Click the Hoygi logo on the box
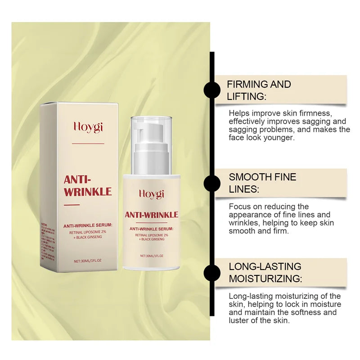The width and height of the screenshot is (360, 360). click(x=88, y=127)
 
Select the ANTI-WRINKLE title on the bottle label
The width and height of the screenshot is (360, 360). click(x=151, y=215)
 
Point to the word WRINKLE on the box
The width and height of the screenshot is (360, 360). click(x=88, y=192)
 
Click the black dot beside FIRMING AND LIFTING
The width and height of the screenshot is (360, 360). click(x=212, y=90)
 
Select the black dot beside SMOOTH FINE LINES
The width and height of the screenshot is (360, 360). click(x=212, y=184)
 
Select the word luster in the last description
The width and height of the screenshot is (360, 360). click(x=240, y=321)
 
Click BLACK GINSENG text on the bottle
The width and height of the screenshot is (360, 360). click(x=153, y=240)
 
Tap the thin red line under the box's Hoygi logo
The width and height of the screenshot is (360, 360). click(x=88, y=144)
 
